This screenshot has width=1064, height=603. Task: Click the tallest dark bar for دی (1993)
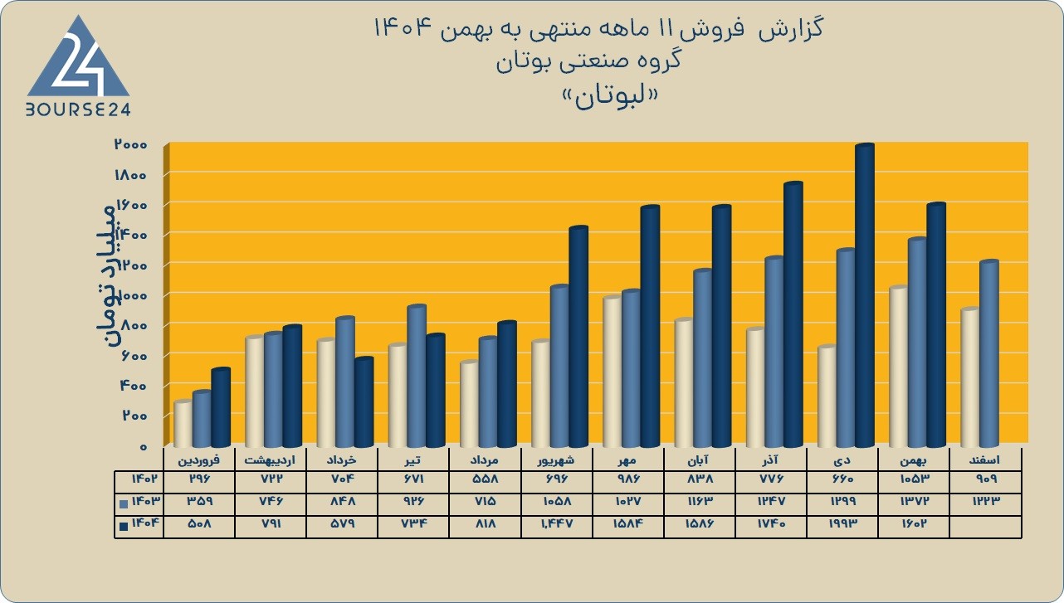click(865, 295)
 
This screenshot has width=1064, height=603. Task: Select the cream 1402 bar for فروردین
click(183, 424)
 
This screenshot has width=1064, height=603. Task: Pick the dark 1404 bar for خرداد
click(364, 402)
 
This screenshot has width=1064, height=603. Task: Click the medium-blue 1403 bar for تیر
click(417, 376)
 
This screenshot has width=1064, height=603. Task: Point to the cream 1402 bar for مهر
click(612, 372)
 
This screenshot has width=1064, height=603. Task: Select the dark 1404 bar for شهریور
click(578, 337)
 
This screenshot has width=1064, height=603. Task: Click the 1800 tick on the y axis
click(130, 175)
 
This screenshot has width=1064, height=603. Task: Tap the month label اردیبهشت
click(270, 460)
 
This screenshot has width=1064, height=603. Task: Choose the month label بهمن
click(914, 460)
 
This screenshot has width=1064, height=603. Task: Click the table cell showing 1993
click(842, 523)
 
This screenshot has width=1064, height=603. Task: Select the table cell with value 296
click(198, 479)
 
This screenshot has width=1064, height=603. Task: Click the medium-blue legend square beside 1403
click(124, 503)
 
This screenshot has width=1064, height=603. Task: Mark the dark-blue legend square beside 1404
click(124, 526)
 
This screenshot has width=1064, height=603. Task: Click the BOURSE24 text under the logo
click(78, 110)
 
